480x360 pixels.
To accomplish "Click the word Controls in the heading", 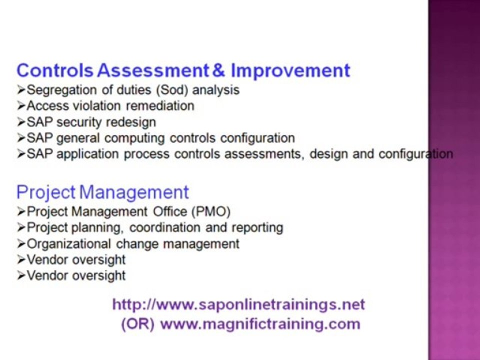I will click(x=55, y=70).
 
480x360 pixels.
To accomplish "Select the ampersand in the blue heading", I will click(x=218, y=70).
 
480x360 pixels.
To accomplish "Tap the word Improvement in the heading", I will click(x=290, y=70).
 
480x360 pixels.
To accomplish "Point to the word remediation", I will click(x=160, y=106).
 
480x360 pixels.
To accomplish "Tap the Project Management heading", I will click(x=102, y=192).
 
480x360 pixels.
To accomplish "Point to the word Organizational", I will click(x=69, y=243).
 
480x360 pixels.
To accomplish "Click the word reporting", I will click(x=257, y=227).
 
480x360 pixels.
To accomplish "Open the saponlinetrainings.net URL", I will click(x=238, y=304).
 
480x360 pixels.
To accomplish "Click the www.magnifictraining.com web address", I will click(x=260, y=323).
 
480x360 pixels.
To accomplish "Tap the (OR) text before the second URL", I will click(x=137, y=323).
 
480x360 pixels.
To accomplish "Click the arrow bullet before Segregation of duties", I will click(x=21, y=90).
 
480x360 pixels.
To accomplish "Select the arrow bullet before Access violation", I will click(x=21, y=106).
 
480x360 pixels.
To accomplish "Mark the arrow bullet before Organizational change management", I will click(x=21, y=243).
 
